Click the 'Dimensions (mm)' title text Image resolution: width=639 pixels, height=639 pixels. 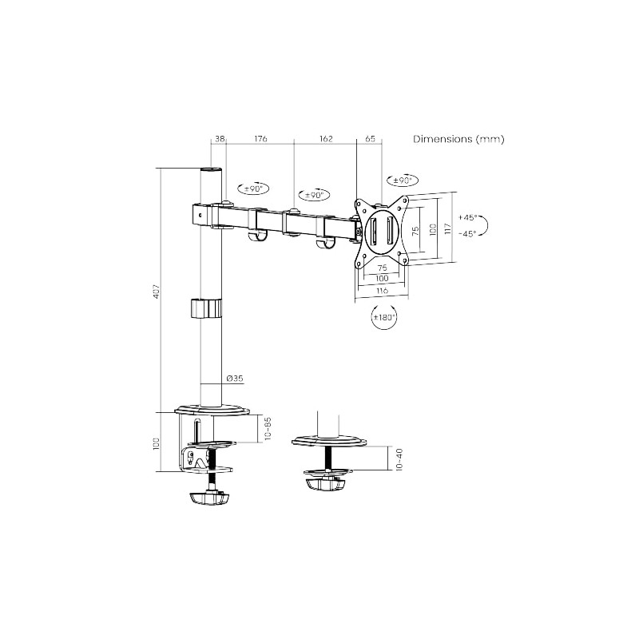[458, 139]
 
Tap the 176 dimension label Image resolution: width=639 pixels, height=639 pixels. [260, 139]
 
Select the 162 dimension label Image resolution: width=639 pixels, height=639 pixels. [325, 139]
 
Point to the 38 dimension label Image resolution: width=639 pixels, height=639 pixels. [220, 139]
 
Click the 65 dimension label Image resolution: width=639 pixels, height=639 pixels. [370, 139]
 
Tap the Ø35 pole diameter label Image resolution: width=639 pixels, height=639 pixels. [234, 378]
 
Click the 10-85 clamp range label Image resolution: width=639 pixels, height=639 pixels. [268, 430]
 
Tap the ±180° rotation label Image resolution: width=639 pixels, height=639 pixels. [384, 318]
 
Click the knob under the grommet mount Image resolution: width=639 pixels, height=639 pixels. [327, 484]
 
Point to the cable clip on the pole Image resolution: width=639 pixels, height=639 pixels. [208, 308]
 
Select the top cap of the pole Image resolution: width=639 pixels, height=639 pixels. [210, 171]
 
